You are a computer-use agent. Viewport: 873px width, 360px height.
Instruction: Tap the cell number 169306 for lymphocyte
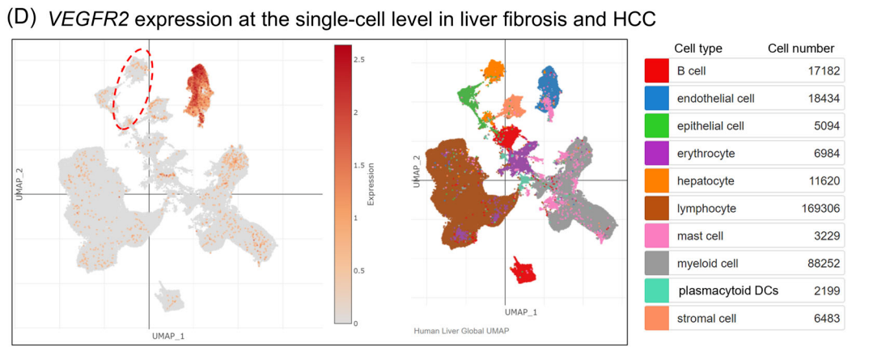point(816,208)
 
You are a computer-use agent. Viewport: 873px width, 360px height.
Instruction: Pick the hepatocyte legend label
point(706,180)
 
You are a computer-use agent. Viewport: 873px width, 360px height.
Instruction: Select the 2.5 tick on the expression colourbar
point(358,59)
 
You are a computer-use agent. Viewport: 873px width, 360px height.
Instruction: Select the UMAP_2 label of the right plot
point(416,172)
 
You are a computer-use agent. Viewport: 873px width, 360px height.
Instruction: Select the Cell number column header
point(800,49)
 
